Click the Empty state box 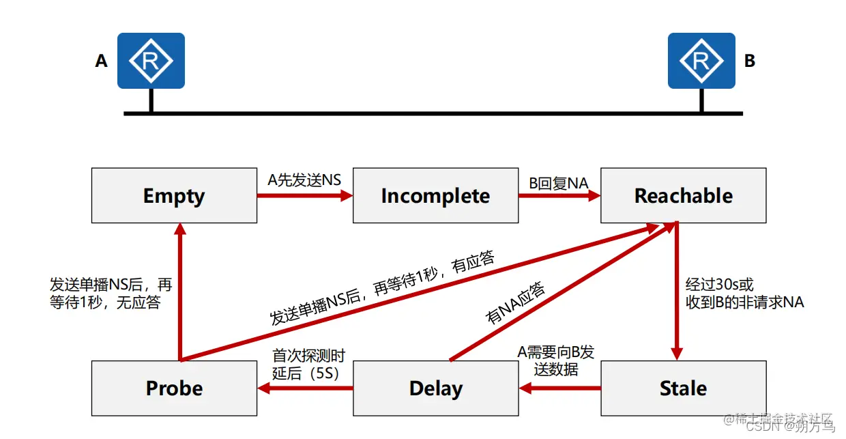[x=175, y=196]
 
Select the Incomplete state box [x=435, y=196]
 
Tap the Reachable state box [x=683, y=196]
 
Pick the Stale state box [x=683, y=388]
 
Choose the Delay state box [x=435, y=388]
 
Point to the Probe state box [x=175, y=388]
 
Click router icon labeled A [x=151, y=61]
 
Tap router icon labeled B [x=701, y=61]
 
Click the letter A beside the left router [x=102, y=61]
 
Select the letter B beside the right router [x=750, y=61]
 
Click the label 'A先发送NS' [x=304, y=181]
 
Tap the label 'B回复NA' [x=559, y=182]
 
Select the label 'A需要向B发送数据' [x=556, y=360]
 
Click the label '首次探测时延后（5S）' [x=309, y=364]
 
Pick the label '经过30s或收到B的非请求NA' [x=744, y=294]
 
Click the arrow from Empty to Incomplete [x=304, y=196]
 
